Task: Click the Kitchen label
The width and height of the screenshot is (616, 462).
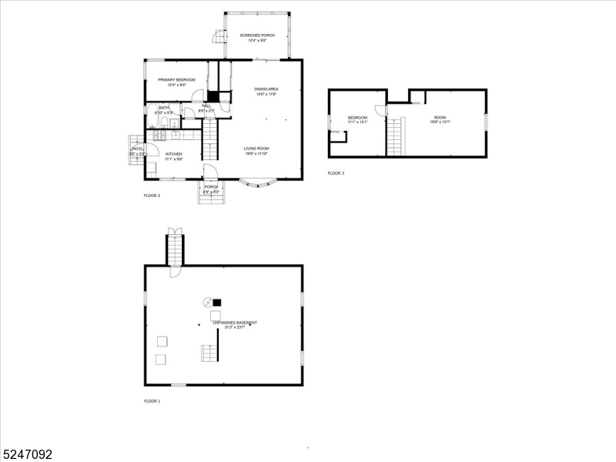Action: tap(173, 156)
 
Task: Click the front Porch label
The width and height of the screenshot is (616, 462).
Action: tap(211, 189)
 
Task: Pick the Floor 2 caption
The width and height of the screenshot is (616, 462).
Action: tap(152, 196)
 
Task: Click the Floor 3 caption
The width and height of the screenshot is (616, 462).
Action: tap(336, 173)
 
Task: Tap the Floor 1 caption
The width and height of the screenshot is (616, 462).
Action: tap(152, 401)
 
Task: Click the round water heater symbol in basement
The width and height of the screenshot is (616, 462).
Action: tap(207, 302)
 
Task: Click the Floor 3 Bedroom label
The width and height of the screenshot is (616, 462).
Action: tap(357, 119)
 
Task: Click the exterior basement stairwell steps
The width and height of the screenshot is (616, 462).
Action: tap(176, 250)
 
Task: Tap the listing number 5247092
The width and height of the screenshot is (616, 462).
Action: tap(27, 455)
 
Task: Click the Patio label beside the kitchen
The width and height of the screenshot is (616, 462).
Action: tap(136, 151)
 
